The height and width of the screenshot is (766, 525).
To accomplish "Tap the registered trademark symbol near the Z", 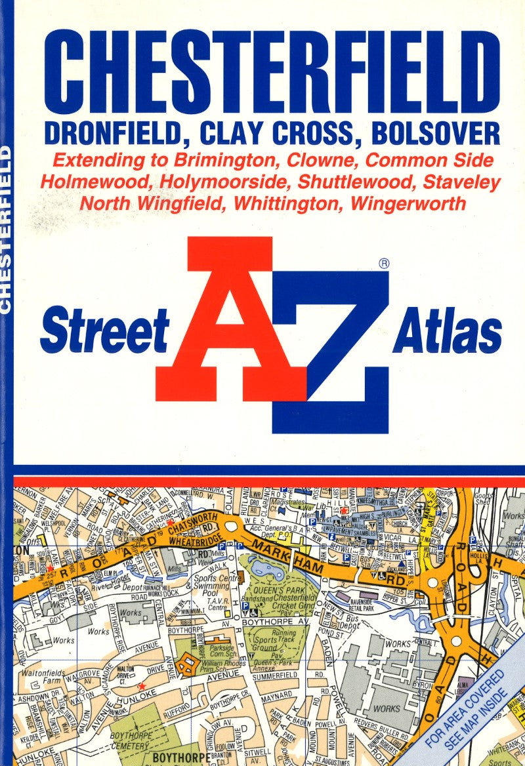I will [385, 264].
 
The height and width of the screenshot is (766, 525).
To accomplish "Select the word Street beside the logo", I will [105, 331].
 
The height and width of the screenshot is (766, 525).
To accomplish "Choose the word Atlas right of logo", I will [448, 331].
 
